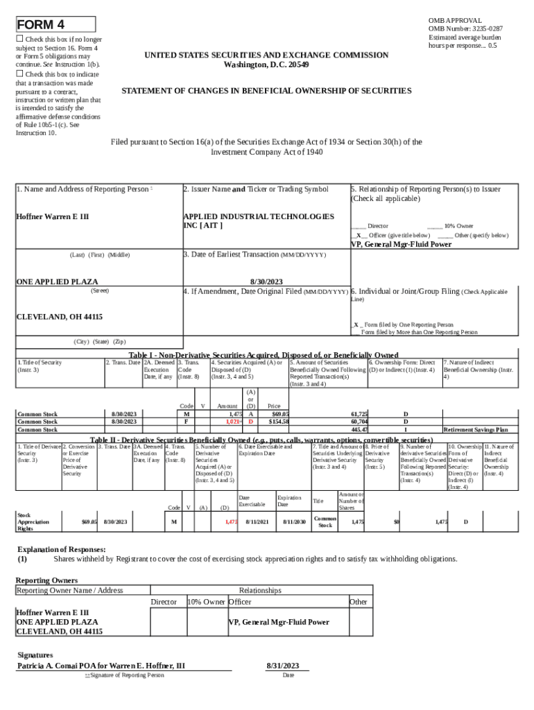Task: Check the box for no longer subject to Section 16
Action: click(20, 40)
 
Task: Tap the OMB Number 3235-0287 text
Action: click(466, 28)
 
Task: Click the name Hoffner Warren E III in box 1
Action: click(52, 217)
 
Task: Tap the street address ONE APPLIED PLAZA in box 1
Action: click(57, 282)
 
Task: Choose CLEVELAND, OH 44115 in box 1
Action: click(59, 317)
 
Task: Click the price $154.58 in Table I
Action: click(277, 422)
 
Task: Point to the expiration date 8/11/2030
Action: click(295, 521)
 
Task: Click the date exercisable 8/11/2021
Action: click(257, 521)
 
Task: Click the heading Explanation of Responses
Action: click(62, 548)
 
